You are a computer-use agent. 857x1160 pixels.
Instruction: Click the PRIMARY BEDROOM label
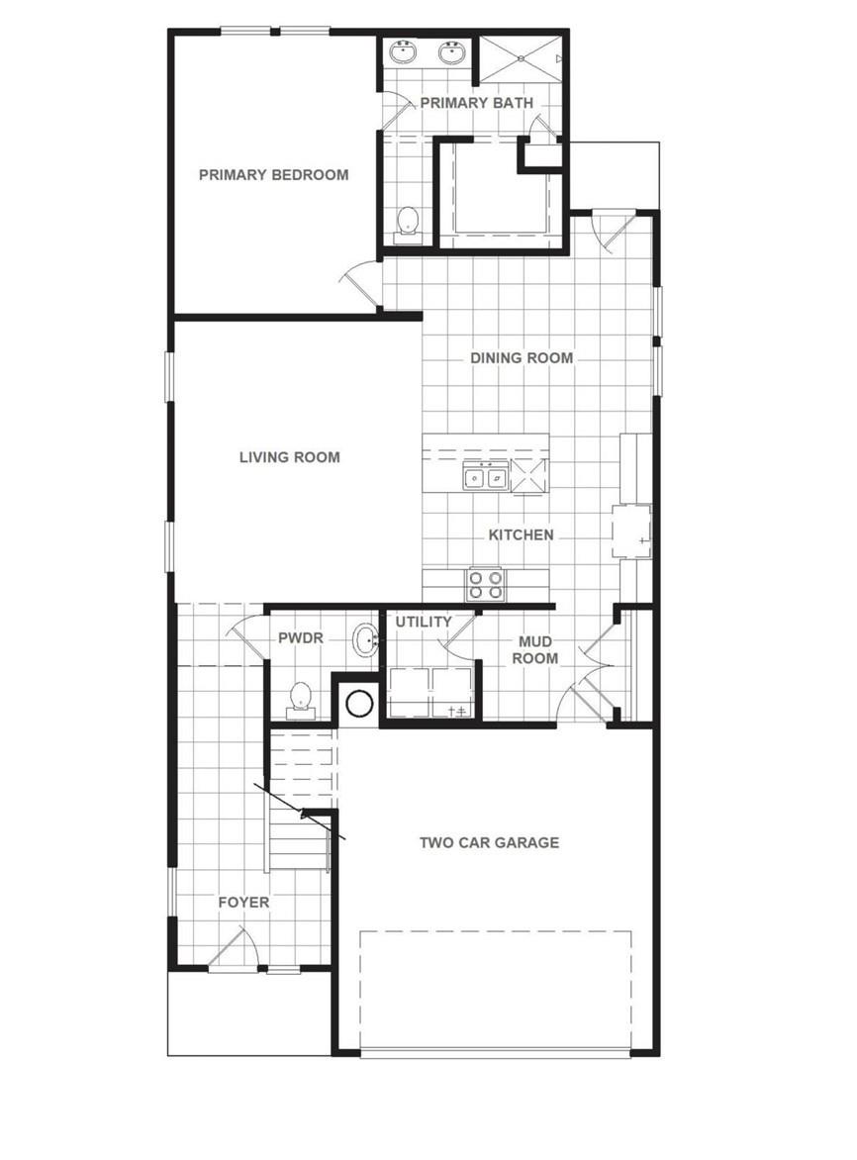tap(273, 175)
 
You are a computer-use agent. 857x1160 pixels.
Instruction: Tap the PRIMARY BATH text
tap(476, 103)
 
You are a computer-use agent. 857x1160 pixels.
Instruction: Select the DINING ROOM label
tap(521, 358)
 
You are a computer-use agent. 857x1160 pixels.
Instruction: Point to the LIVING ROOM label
tap(290, 457)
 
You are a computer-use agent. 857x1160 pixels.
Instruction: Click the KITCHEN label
tap(521, 535)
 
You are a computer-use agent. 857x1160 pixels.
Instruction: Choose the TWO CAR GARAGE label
tap(489, 843)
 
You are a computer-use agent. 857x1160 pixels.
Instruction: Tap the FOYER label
tap(243, 903)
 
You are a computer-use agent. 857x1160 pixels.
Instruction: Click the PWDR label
tap(301, 639)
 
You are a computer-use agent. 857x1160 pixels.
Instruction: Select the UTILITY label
tap(424, 623)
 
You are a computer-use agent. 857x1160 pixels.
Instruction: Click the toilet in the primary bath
tap(407, 224)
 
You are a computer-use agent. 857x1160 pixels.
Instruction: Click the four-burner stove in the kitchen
tap(485, 584)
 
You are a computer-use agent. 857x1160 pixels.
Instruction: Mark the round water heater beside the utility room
tap(359, 704)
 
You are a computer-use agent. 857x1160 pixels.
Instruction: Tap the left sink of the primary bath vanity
tap(406, 51)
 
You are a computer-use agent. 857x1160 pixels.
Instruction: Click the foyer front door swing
tap(234, 950)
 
